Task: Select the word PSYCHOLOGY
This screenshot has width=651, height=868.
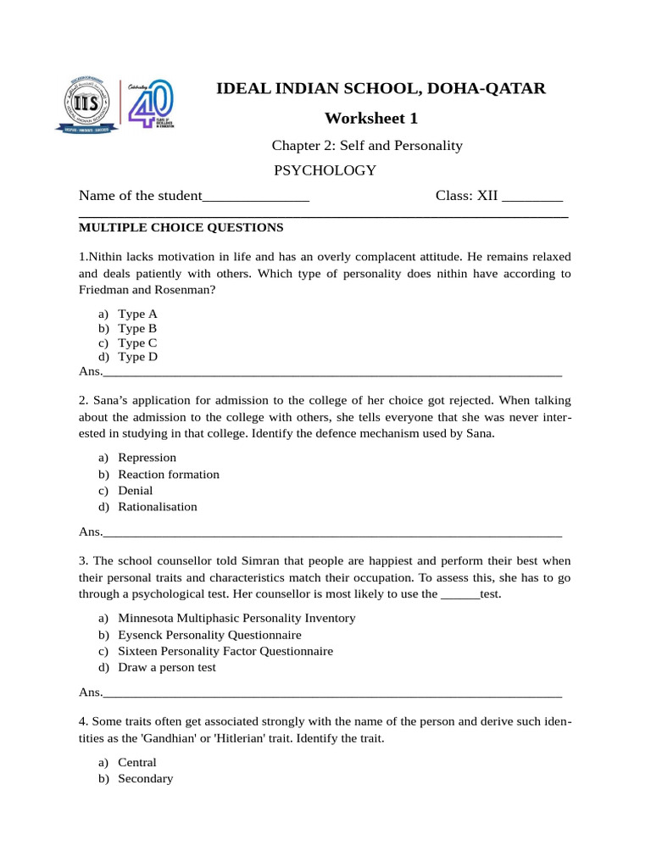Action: coord(325,170)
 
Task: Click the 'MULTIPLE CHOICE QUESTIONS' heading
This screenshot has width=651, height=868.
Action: coord(181,227)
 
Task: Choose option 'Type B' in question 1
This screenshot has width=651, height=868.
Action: coord(137,328)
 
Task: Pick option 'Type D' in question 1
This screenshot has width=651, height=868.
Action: coord(137,357)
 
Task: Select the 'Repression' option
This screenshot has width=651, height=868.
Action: coord(147,458)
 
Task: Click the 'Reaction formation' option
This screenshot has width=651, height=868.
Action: coord(168,475)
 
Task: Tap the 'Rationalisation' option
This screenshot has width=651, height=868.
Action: coord(157,507)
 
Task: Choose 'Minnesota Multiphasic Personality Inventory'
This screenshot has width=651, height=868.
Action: coord(236,618)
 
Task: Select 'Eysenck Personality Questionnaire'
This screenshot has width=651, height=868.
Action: coord(209,635)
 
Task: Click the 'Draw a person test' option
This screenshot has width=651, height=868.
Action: coord(166,667)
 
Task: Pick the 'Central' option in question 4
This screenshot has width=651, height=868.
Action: coord(137,762)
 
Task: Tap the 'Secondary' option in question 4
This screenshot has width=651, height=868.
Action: coord(145,778)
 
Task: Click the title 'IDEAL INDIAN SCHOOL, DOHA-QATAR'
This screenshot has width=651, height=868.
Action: coord(382,88)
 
